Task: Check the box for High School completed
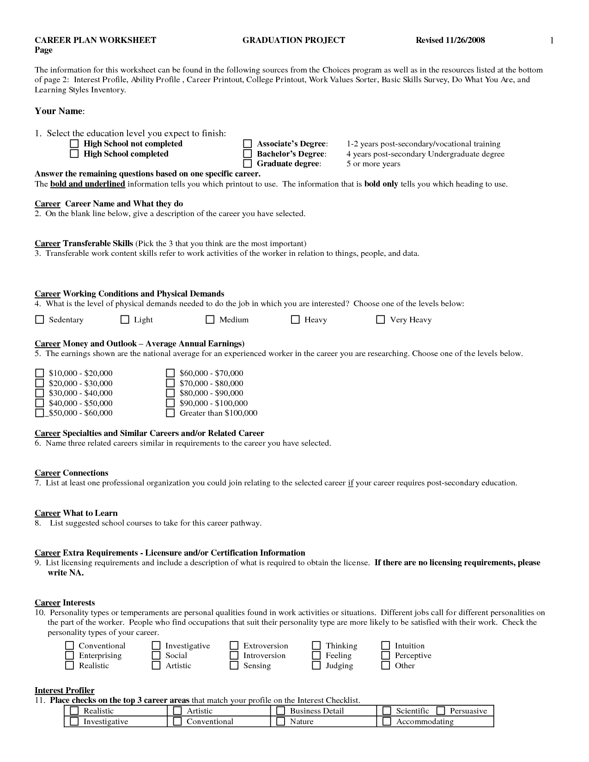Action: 74,154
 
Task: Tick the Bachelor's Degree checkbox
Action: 248,154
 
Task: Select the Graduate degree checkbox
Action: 248,163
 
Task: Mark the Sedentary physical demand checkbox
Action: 40,320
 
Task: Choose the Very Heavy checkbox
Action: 381,320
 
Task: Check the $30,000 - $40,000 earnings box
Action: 40,393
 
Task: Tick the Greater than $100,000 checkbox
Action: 170,413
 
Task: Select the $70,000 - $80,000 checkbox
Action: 170,383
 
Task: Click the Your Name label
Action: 59,111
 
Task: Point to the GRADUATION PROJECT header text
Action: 293,40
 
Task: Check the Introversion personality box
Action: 234,655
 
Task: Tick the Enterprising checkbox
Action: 69,655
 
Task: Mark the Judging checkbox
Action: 316,665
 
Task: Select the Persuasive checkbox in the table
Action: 441,711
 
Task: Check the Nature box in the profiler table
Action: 280,721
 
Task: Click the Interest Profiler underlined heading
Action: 64,690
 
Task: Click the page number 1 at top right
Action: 551,41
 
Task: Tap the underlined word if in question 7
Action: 350,483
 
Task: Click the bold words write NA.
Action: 66,573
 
